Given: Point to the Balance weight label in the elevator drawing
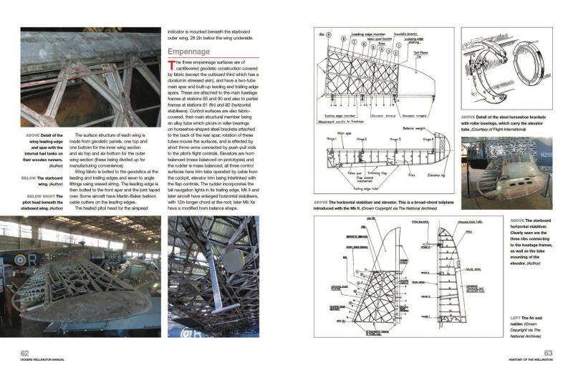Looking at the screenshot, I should point(413,129).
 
